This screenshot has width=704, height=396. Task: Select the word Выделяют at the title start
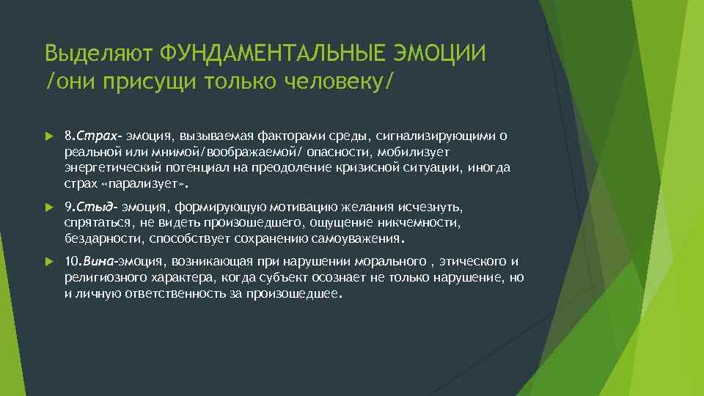point(100,54)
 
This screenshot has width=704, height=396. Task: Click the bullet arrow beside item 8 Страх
point(49,136)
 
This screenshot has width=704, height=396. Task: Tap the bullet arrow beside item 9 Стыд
point(49,208)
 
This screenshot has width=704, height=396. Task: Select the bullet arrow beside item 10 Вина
point(49,262)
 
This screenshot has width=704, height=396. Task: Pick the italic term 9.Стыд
point(91,208)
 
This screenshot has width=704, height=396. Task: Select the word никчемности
point(425,223)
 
